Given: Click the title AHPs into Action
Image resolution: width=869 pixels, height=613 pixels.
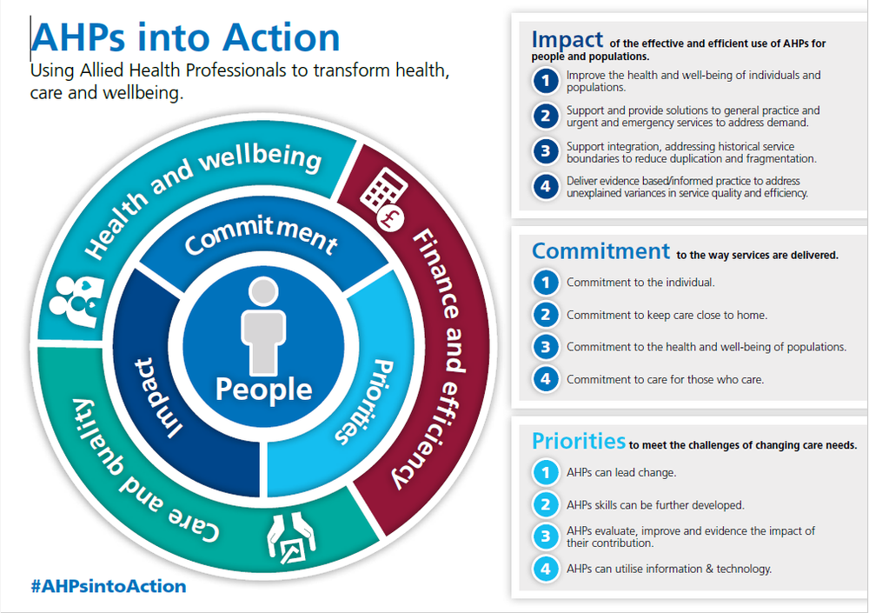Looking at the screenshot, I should [x=186, y=38].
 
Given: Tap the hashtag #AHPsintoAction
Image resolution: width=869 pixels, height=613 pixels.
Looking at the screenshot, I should [x=108, y=586].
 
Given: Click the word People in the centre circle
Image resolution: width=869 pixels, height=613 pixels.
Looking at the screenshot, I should [x=263, y=389].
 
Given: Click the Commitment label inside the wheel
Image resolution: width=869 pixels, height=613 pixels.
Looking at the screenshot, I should [x=260, y=238].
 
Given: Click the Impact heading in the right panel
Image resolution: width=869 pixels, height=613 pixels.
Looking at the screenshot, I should [x=567, y=39].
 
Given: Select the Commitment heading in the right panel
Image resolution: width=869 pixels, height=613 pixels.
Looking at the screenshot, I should [x=600, y=251].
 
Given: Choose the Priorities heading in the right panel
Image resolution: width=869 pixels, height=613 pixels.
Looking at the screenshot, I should [x=578, y=441].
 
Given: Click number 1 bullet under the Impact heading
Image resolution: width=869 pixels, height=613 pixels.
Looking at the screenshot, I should [x=544, y=81].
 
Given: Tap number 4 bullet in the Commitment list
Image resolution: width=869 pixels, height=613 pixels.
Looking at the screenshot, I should [x=545, y=380].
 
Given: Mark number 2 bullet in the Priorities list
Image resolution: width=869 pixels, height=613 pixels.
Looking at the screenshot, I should [x=545, y=504].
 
